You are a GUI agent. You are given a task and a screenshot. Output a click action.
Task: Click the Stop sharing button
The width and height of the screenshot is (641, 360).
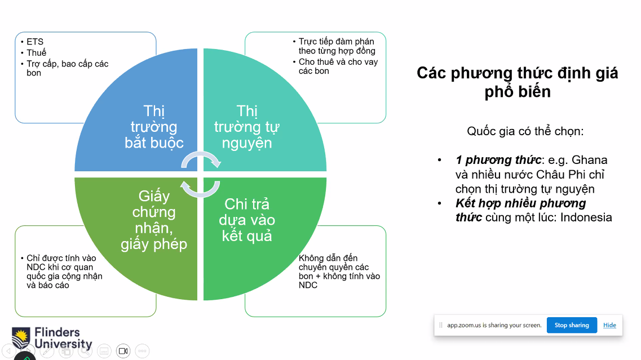point(572,325)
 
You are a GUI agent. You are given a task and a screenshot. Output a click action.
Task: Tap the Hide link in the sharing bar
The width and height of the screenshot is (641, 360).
point(609,325)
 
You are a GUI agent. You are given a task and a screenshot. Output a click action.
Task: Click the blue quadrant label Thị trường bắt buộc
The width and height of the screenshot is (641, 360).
point(154,127)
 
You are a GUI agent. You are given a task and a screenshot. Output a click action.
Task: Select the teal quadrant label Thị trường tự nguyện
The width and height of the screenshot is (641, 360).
point(247,127)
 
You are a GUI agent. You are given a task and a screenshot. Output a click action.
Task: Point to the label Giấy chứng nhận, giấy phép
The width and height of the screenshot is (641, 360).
point(154,220)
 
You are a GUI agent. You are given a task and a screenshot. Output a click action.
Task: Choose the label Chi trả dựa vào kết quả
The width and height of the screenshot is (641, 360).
point(247,220)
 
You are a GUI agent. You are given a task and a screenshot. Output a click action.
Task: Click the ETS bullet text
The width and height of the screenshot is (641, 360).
point(35,42)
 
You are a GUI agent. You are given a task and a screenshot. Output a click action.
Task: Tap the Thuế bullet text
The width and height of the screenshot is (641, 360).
point(37,53)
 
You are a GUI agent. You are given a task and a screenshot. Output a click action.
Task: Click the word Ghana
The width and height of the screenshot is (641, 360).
point(590,160)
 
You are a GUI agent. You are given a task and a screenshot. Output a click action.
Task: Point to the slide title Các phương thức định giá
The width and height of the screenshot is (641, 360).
point(517,73)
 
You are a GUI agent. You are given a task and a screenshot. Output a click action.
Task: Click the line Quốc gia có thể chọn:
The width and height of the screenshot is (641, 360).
point(525,131)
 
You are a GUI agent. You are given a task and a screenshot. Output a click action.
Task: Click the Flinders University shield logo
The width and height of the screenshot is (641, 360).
point(21,337)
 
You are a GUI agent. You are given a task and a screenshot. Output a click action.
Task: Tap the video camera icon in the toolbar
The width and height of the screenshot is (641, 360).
point(123,350)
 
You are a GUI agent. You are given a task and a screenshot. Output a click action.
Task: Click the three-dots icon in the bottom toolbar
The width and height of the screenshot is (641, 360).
point(142,350)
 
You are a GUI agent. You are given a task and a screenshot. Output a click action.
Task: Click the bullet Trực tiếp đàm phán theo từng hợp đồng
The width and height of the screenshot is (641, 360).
point(337,46)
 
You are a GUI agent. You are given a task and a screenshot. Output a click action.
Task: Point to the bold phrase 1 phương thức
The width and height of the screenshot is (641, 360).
point(498,160)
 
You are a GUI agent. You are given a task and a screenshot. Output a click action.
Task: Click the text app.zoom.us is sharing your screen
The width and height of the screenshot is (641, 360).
point(494,325)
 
